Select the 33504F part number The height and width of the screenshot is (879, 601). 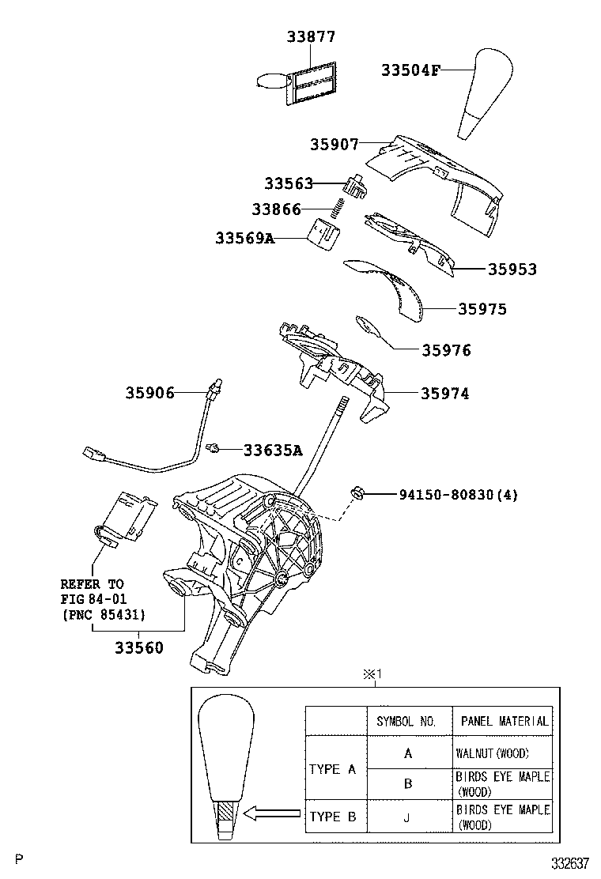click(410, 70)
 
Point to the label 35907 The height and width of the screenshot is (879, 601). click(334, 145)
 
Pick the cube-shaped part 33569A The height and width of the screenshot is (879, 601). click(324, 234)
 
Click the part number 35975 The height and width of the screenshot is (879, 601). click(482, 309)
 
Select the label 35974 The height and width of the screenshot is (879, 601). click(444, 393)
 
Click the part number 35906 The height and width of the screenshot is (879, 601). click(149, 393)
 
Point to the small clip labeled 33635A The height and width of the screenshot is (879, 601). click(213, 449)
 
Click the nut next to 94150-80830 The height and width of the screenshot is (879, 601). click(357, 495)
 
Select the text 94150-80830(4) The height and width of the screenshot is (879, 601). click(453, 496)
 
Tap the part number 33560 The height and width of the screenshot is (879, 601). click(139, 648)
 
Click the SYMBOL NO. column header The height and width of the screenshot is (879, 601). click(406, 721)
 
